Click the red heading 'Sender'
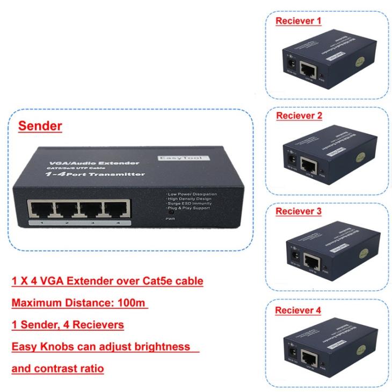pyautogui.click(x=40, y=127)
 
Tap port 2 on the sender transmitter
pyautogui.click(x=66, y=208)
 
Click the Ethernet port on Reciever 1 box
pyautogui.click(x=309, y=70)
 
